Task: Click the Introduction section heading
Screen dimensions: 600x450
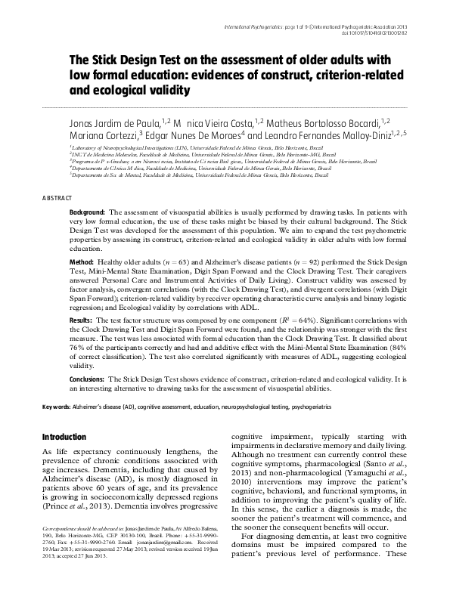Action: click(64, 437)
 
